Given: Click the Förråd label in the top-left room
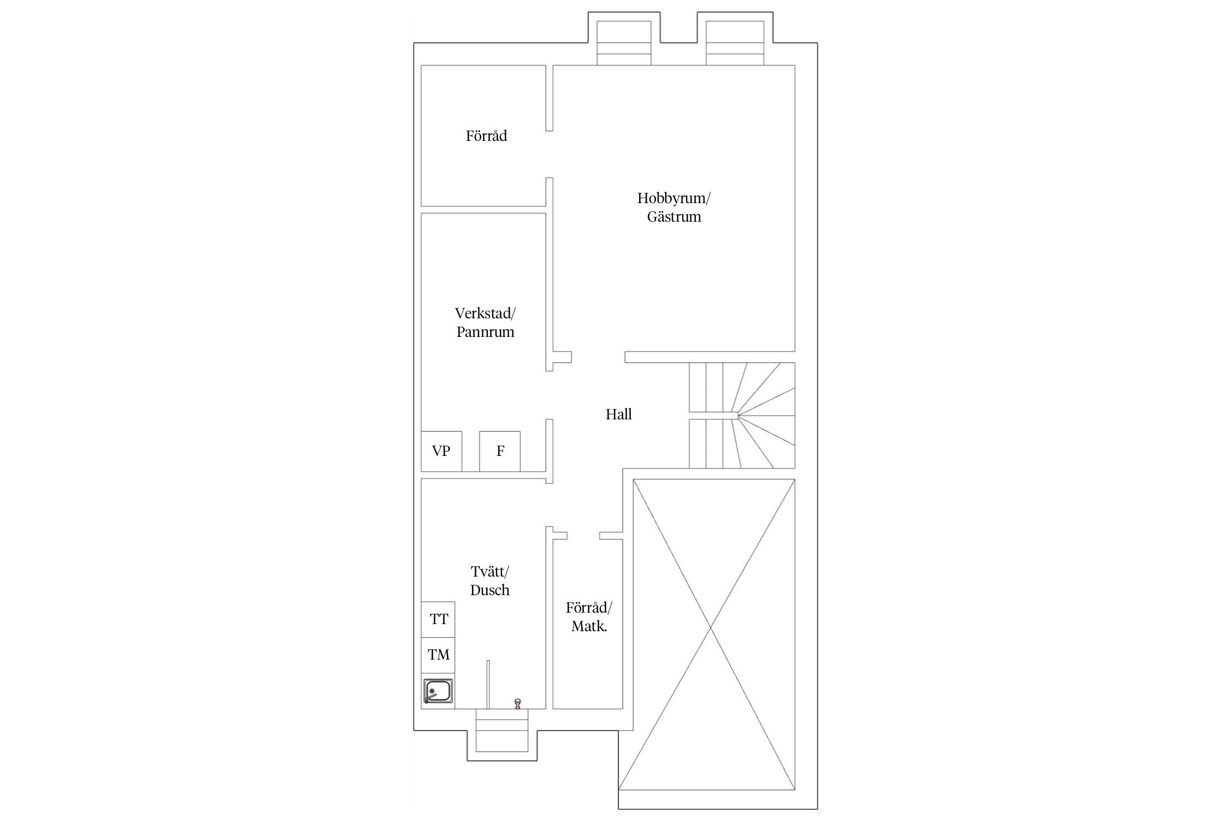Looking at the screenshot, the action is pos(486,135).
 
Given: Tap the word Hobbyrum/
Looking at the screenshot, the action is pos(673,198).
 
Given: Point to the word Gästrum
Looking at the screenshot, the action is pos(674,217).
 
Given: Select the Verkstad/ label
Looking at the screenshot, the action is pos(485,313).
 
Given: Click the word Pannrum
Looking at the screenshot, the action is pos(486,332).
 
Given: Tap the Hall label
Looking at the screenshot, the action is pos(619,414).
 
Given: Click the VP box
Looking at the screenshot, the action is pos(441,451).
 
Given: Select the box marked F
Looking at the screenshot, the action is pos(500,451).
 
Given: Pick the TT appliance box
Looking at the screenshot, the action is pos(438,619).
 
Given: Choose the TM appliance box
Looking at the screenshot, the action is pos(438,655).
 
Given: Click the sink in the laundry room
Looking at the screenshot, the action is pos(438,691).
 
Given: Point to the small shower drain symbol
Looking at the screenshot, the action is pos(517,703).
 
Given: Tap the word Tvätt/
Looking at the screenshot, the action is pos(489,572).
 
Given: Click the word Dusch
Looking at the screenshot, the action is pos(490,590).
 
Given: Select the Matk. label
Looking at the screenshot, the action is pos(589,626).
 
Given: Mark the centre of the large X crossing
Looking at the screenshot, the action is pos(711,628).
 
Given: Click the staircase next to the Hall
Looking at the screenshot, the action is pos(742,416).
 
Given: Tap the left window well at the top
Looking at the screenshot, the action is pos(624,43).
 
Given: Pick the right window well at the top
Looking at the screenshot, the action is pos(735,43).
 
